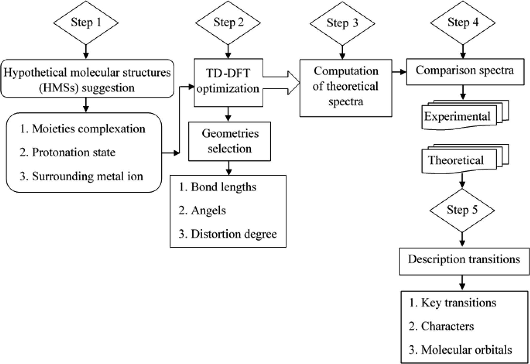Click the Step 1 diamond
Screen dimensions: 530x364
point(86,22)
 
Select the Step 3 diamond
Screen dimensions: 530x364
point(342,23)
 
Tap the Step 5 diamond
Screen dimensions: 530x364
point(462,210)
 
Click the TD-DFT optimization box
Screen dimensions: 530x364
point(228,82)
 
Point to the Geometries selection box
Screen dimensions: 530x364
point(229,141)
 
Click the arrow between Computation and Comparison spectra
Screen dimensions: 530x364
point(399,72)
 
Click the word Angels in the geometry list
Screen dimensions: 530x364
point(208,211)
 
